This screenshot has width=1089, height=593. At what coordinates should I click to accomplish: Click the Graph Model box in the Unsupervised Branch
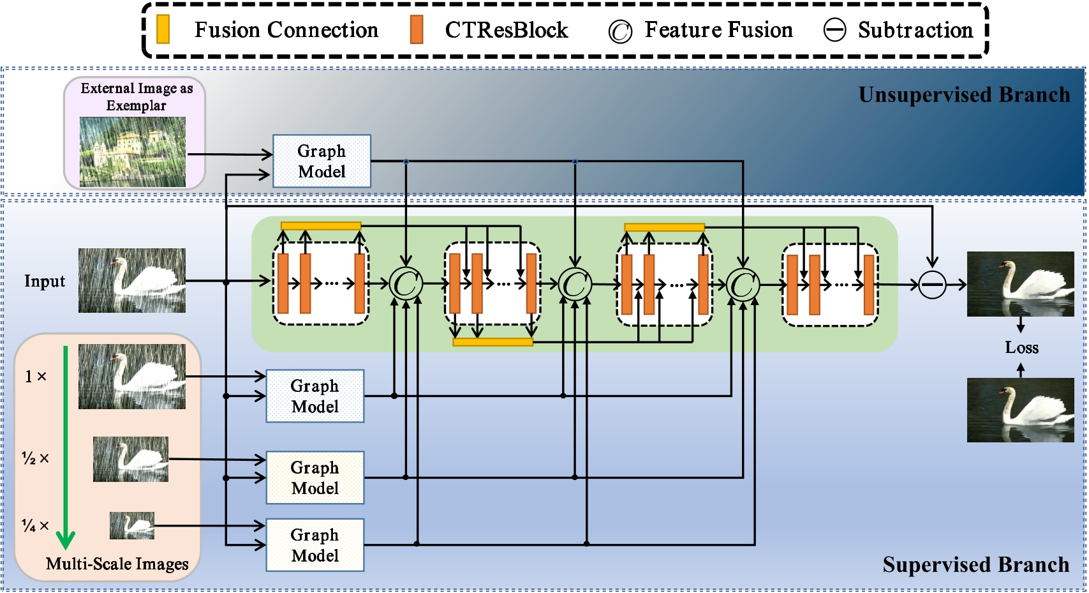pos(322,161)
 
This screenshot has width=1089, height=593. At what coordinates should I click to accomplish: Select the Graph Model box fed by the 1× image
pos(315,396)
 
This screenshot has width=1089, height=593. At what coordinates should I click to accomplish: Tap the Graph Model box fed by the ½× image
pos(315,477)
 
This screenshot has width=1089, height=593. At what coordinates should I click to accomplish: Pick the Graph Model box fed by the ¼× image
pos(315,544)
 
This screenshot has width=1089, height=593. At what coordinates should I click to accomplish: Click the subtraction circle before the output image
pos(932,285)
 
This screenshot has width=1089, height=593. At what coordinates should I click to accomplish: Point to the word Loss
pos(1021,348)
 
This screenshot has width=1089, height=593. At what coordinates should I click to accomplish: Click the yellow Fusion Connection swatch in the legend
pos(163,29)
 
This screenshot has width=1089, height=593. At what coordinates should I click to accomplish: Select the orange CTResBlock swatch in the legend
pos(417,29)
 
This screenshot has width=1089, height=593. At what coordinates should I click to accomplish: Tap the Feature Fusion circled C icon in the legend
pos(619,31)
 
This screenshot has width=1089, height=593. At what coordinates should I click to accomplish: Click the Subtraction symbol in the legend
pos(834,30)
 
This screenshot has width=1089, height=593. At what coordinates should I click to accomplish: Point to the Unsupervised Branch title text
pos(964,95)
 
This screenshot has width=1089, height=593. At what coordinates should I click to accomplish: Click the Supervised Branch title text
pos(975,565)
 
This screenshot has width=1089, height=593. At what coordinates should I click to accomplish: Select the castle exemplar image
pos(133,152)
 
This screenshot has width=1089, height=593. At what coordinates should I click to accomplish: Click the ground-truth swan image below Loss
pos(1020,410)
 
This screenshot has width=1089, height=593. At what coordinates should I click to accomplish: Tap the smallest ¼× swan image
pos(132,525)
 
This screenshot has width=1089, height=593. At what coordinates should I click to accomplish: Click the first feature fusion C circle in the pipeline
pos(406,284)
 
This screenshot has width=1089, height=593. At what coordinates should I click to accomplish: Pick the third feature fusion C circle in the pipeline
pos(743,285)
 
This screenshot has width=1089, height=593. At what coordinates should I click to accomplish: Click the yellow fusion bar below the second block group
pos(493,342)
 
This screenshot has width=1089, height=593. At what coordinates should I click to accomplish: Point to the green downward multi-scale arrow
pos(65,447)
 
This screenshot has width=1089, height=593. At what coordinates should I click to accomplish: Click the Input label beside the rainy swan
pos(45,281)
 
